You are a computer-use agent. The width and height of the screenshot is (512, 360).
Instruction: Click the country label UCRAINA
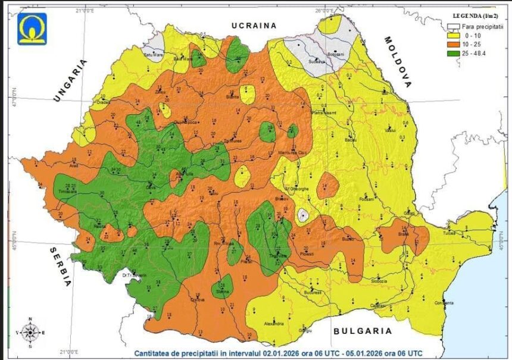(254, 26)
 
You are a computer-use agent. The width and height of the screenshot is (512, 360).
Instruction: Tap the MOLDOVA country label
(398, 62)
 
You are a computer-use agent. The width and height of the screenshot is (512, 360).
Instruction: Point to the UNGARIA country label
(70, 81)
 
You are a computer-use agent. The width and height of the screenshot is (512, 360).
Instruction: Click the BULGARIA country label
(363, 331)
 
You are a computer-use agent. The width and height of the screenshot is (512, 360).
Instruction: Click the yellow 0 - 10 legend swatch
(455, 36)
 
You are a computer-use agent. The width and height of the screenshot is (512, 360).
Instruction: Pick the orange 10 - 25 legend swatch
(455, 45)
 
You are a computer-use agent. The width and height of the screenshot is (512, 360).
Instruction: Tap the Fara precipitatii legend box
(455, 27)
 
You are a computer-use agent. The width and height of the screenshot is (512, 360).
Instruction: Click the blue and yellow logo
(32, 29)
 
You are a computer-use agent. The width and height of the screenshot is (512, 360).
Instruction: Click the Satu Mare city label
(154, 55)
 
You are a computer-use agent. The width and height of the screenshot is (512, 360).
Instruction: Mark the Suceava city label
(317, 61)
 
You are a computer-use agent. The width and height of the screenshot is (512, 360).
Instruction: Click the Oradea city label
(104, 101)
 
